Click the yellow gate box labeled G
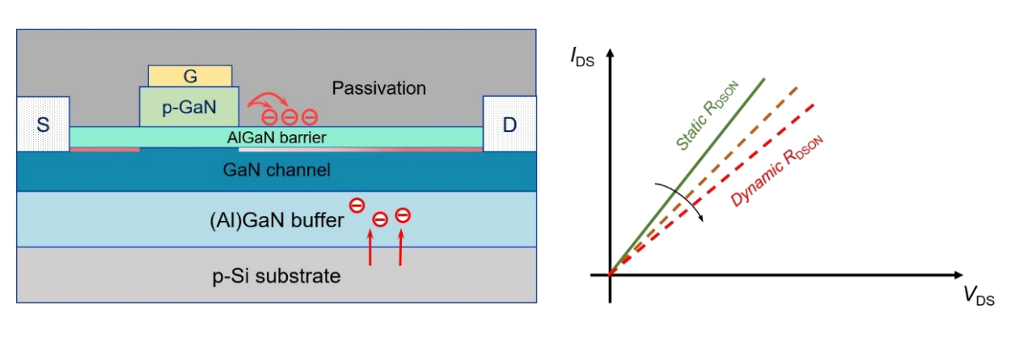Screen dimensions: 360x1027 [x=191, y=76]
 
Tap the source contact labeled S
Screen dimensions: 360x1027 [x=43, y=125]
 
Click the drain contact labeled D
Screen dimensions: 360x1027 [x=509, y=125]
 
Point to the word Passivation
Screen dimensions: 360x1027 [x=378, y=87]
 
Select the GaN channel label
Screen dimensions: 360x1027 [x=276, y=170]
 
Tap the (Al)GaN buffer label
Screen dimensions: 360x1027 [x=276, y=218]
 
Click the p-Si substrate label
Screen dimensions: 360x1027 [x=276, y=276]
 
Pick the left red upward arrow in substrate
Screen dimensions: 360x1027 [x=371, y=248]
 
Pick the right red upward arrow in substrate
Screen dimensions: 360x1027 [x=401, y=248]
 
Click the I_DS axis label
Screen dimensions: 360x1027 [x=582, y=57]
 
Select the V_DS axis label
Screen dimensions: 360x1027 [x=978, y=297]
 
